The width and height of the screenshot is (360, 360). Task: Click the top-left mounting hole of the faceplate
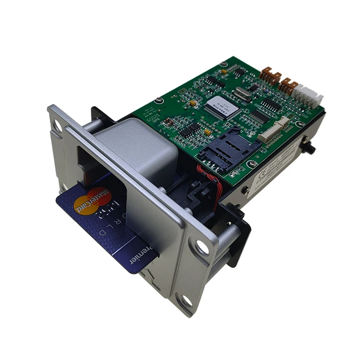click(x=57, y=126)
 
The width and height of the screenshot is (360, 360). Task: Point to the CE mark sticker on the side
click(x=268, y=168)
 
